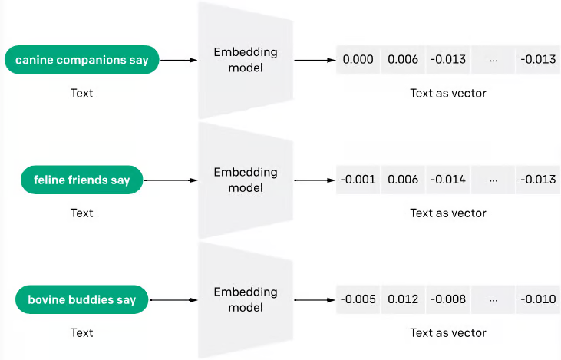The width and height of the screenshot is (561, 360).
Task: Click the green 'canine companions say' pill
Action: [x=81, y=60]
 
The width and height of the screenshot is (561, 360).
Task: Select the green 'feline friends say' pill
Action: [x=82, y=180]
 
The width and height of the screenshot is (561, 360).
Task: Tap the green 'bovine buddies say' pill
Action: [x=81, y=299]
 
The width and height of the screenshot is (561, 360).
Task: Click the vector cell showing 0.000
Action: [x=358, y=60]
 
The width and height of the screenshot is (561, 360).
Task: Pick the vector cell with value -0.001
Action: [x=358, y=180]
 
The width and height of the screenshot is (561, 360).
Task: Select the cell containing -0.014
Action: [x=447, y=180]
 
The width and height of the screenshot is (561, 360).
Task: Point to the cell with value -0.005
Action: [x=358, y=299]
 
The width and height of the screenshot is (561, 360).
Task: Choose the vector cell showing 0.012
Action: [x=403, y=299]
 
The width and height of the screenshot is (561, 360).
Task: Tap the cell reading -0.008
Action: [x=447, y=299]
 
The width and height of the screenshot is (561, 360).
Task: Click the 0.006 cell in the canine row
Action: [x=403, y=60]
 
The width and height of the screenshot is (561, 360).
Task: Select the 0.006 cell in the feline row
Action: [x=403, y=180]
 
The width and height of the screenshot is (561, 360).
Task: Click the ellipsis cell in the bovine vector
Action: [x=493, y=299]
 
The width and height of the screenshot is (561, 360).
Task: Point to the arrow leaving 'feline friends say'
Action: [x=170, y=181]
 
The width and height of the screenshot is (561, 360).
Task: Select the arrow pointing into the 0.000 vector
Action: [x=315, y=60]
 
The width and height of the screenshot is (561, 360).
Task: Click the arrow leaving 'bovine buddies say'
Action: [x=170, y=299]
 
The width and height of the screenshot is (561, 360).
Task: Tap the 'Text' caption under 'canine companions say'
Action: [x=81, y=94]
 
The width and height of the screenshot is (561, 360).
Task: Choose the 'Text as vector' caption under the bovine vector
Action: [x=447, y=332]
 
